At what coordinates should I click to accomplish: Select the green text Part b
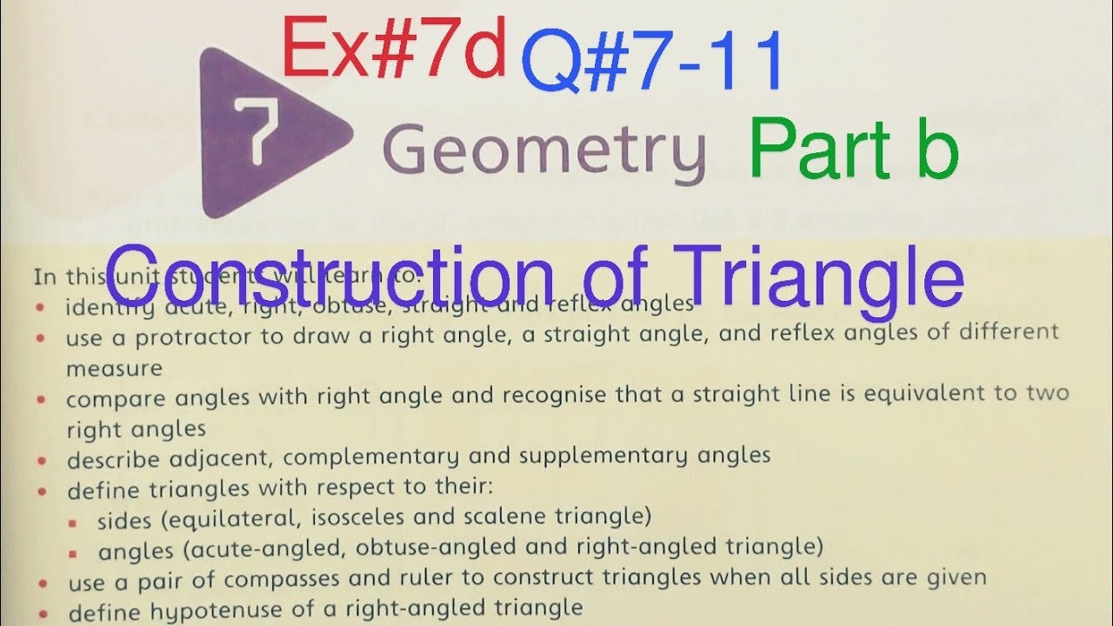point(854,149)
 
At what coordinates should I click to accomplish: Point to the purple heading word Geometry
point(543,150)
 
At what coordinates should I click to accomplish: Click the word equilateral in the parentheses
point(218,518)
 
